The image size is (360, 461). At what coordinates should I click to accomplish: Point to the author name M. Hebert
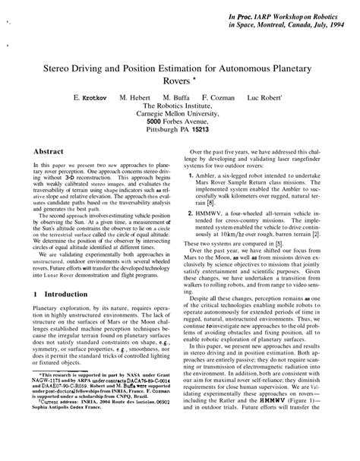click(x=135, y=99)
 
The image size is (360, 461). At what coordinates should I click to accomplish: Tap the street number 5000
click(x=156, y=119)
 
